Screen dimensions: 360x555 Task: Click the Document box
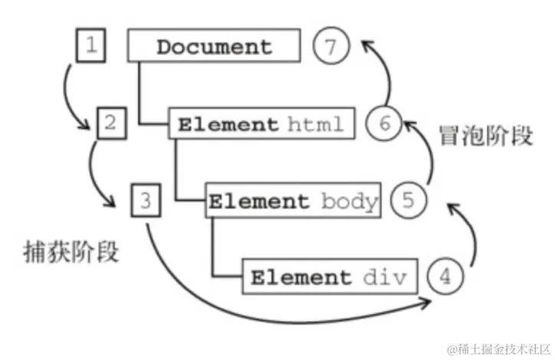(x=213, y=46)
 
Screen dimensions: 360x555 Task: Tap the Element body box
(x=294, y=201)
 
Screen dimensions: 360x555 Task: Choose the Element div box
(x=330, y=277)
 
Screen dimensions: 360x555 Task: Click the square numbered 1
(x=90, y=45)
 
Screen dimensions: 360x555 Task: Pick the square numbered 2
(x=110, y=123)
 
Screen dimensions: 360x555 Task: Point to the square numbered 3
(x=146, y=201)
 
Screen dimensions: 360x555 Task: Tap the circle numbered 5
(x=407, y=201)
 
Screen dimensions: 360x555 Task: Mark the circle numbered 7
(x=330, y=47)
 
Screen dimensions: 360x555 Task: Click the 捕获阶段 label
(x=71, y=253)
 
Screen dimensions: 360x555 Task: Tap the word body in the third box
(x=349, y=201)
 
